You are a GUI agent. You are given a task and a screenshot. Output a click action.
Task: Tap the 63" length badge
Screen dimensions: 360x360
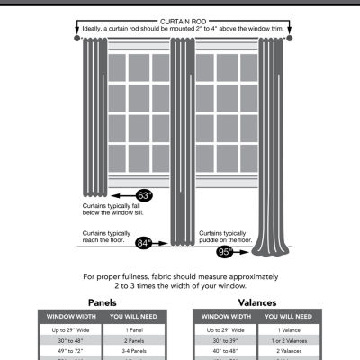pyautogui.click(x=145, y=194)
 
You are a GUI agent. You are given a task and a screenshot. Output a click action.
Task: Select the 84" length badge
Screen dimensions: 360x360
pyautogui.click(x=144, y=241)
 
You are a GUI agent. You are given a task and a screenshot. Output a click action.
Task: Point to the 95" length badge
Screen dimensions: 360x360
pyautogui.click(x=222, y=253)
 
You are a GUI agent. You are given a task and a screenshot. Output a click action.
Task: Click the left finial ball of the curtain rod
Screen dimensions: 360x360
pyautogui.click(x=76, y=39)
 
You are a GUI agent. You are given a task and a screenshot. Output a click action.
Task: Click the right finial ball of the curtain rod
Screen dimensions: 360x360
pyautogui.click(x=284, y=39)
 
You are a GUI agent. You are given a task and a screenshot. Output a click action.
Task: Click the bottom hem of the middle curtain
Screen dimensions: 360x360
pyautogui.click(x=183, y=241)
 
